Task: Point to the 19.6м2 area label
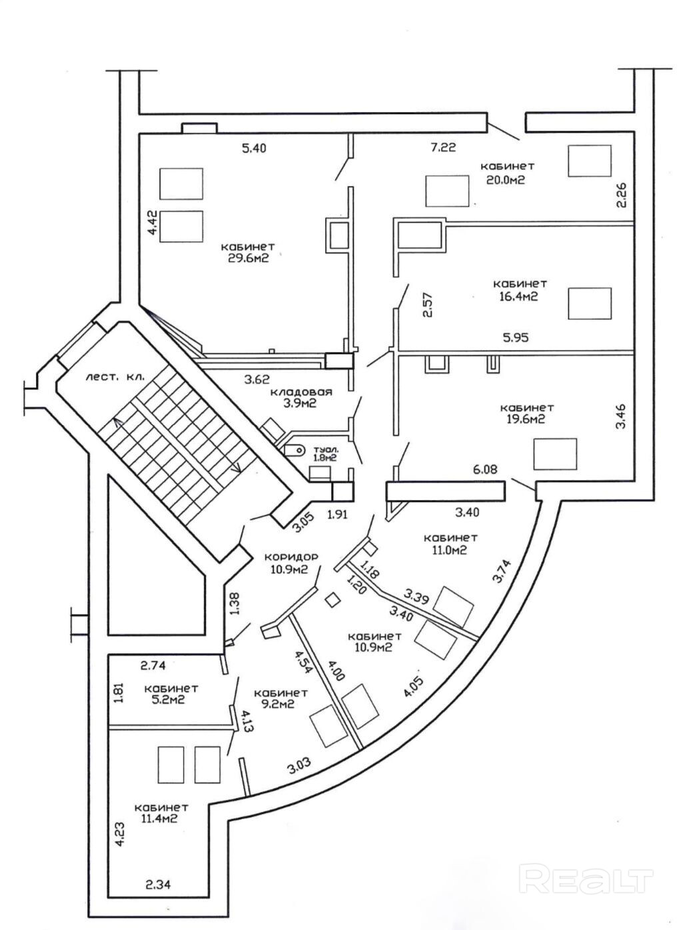526,419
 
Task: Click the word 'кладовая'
301,392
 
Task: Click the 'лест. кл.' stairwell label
114,377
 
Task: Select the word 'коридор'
291,556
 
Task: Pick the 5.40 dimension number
253,148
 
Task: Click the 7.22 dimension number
443,147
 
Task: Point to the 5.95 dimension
515,337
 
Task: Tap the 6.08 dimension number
485,470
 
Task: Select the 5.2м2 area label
165,700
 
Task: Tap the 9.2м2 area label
275,704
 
